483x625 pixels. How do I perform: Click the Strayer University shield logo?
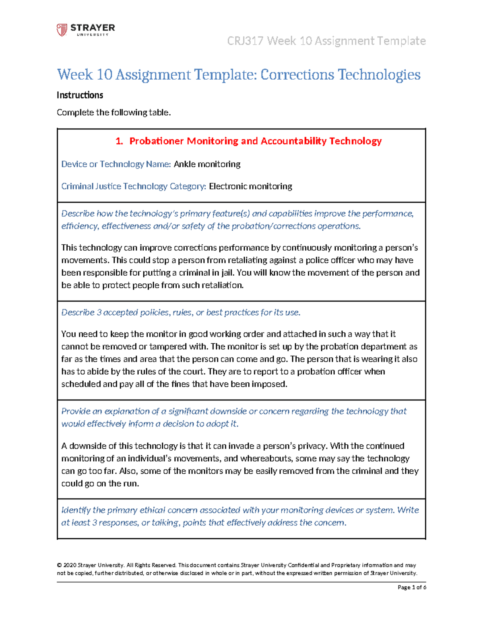62,30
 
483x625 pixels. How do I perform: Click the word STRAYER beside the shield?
93,28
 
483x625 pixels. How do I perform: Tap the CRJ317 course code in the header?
245,41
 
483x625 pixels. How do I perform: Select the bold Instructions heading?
80,95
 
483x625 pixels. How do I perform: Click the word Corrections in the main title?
297,74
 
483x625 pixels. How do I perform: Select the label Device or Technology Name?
116,164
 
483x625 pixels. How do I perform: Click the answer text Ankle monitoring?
207,164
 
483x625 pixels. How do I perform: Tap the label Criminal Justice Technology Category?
134,186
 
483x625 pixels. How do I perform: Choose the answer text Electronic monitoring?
250,186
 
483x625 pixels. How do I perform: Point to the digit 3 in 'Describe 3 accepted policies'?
99,313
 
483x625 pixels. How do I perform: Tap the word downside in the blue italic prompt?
227,411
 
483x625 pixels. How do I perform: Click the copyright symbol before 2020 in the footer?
59,565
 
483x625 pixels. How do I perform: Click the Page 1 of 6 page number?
412,588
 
